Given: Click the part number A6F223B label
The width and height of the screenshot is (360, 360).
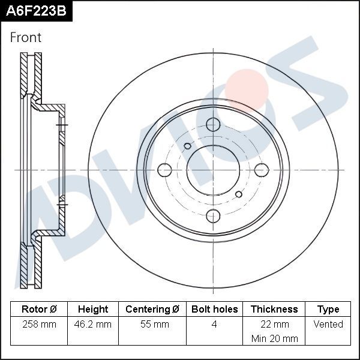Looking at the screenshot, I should pos(35,11).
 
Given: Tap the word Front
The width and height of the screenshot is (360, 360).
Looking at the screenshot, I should pos(26,37).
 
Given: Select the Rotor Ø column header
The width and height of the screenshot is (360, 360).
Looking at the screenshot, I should pos(39,309).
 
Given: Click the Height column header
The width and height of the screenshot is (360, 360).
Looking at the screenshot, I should pos(93,309).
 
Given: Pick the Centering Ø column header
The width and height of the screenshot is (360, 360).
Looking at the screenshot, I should pos(152,309).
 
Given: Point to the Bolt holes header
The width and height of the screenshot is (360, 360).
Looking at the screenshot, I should pos(214,309).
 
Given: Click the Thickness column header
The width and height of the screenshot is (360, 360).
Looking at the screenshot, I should pos(274,309).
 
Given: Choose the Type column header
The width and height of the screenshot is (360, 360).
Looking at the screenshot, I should pos(328,309).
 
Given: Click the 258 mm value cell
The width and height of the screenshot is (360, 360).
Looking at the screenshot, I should pos(39,325).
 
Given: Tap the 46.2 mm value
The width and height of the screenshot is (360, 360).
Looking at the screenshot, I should pos(94,325).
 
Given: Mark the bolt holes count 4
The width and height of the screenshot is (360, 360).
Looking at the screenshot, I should pos(214,325).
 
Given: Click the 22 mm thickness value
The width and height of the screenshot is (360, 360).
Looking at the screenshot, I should pos(274,325).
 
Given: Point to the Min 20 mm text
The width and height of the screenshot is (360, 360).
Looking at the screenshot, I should pos(274,338).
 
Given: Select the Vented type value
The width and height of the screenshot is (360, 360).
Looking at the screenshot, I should pos(328,325).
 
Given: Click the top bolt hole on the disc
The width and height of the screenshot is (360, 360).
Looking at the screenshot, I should pos(213,125).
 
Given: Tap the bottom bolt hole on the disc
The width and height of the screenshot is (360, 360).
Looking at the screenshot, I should pos(213,216).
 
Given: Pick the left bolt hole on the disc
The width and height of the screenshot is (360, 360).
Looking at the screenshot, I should pos(164,170).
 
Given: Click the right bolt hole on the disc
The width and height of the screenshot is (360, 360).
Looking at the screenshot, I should pos(262,170).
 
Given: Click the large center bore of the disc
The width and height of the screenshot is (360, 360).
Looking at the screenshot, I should pos(213,170).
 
